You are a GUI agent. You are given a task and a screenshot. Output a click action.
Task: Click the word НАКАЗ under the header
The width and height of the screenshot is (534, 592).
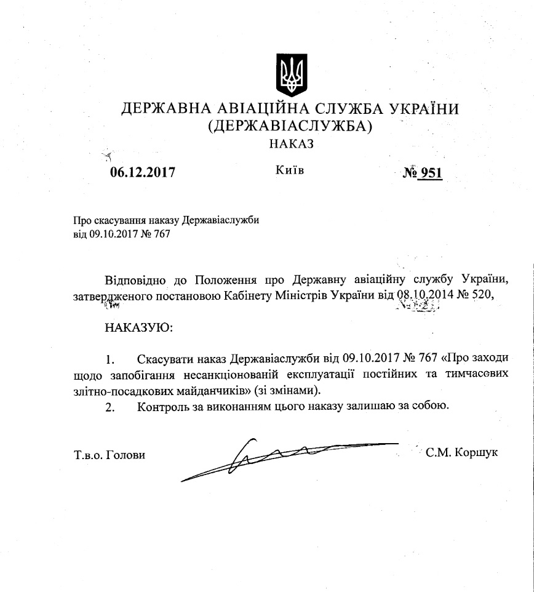pos(291,144)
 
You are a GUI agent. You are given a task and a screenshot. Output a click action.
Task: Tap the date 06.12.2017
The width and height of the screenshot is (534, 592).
pos(143,172)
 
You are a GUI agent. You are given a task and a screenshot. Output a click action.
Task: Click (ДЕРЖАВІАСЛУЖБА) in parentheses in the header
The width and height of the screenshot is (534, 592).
pos(291,127)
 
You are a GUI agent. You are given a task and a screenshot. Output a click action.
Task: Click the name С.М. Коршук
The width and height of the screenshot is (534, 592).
pos(461,453)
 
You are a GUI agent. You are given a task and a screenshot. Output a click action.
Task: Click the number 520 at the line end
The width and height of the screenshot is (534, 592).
pos(482,295)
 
